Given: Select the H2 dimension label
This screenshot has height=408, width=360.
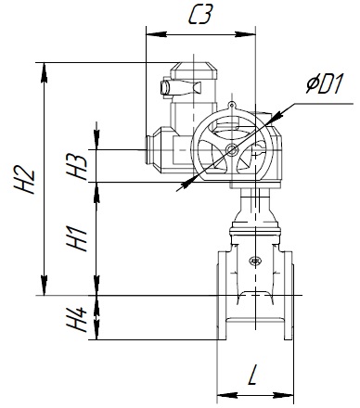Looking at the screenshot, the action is point(24,180).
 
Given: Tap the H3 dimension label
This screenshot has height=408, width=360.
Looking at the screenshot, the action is point(77,167).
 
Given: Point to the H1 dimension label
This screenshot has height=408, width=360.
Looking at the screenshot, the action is point(77,238).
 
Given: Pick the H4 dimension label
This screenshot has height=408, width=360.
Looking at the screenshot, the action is point(77,320).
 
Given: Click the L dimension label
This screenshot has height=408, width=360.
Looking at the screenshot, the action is point(253,375).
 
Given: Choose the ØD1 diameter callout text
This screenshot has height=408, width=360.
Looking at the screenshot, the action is point(325,84).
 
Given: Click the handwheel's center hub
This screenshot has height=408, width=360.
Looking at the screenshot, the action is point(232,150).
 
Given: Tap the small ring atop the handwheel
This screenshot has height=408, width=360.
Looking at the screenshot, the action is point(232,105).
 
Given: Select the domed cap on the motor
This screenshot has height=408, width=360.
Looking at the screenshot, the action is point(194,70).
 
